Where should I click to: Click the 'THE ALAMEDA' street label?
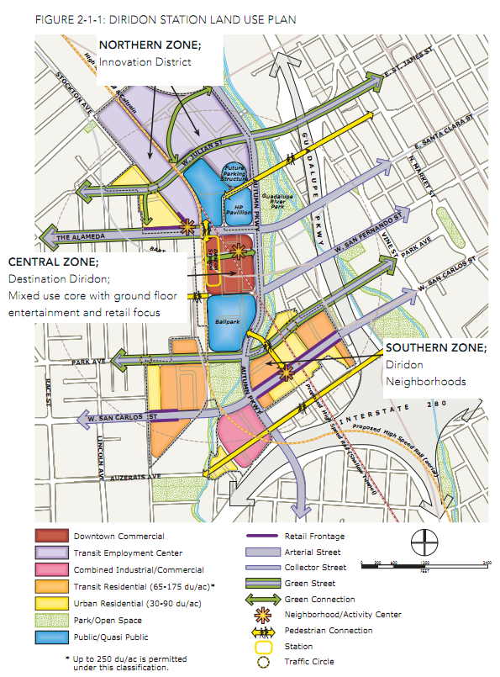coord(80,238)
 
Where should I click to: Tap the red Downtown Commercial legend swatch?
coord(50,536)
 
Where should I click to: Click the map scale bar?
coord(424,566)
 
